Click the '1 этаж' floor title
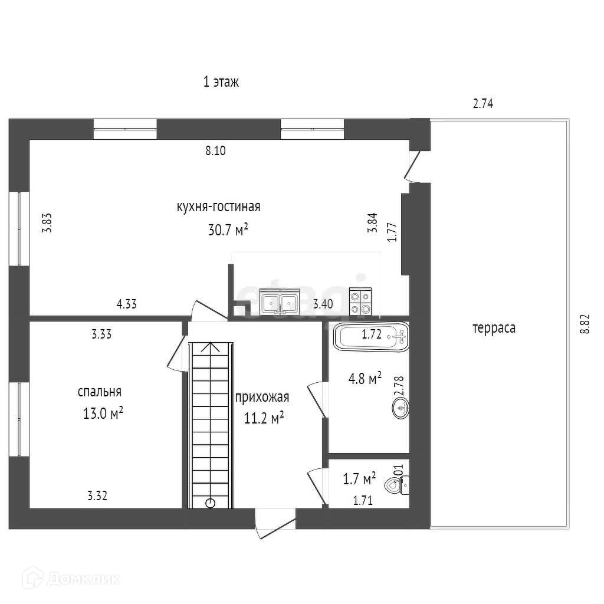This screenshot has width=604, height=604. pyautogui.click(x=221, y=82)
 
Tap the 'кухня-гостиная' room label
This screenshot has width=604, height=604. pyautogui.click(x=218, y=207)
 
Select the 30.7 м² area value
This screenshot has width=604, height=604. pyautogui.click(x=228, y=229)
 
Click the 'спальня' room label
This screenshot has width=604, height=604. pyautogui.click(x=100, y=392)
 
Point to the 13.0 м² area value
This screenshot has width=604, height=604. pyautogui.click(x=103, y=413)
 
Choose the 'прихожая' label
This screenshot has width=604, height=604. pyautogui.click(x=262, y=397)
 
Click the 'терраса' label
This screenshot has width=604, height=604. pyautogui.click(x=494, y=328)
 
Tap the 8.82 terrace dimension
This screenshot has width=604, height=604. pyautogui.click(x=585, y=324)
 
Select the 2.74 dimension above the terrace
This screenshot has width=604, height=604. pyautogui.click(x=483, y=104)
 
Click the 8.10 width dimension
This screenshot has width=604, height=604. pyautogui.click(x=216, y=150)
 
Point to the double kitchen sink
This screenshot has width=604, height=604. pyautogui.click(x=280, y=302)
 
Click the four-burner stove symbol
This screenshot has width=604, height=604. pyautogui.click(x=360, y=301)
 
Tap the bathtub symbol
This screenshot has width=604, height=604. pyautogui.click(x=372, y=337)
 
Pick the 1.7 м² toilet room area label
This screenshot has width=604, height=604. pyautogui.click(x=360, y=478)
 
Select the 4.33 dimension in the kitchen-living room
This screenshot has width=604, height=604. pyautogui.click(x=127, y=304)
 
